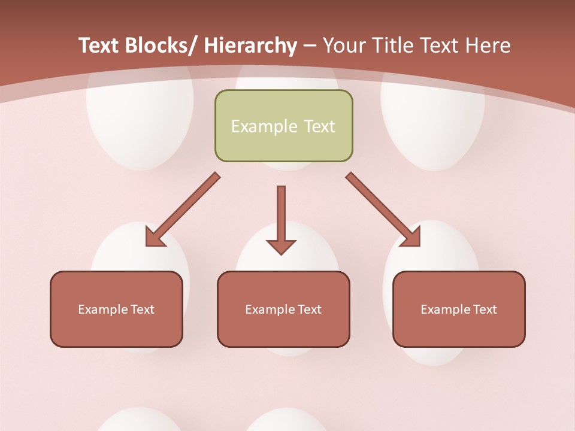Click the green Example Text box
tap(283, 126)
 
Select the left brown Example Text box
tap(116, 309)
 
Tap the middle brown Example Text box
tap(283, 309)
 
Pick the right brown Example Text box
tap(459, 309)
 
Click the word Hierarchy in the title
tap(250, 45)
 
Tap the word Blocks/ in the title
tap(161, 45)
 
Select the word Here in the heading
tap(488, 45)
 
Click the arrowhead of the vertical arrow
tap(281, 246)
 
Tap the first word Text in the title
tap(99, 45)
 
